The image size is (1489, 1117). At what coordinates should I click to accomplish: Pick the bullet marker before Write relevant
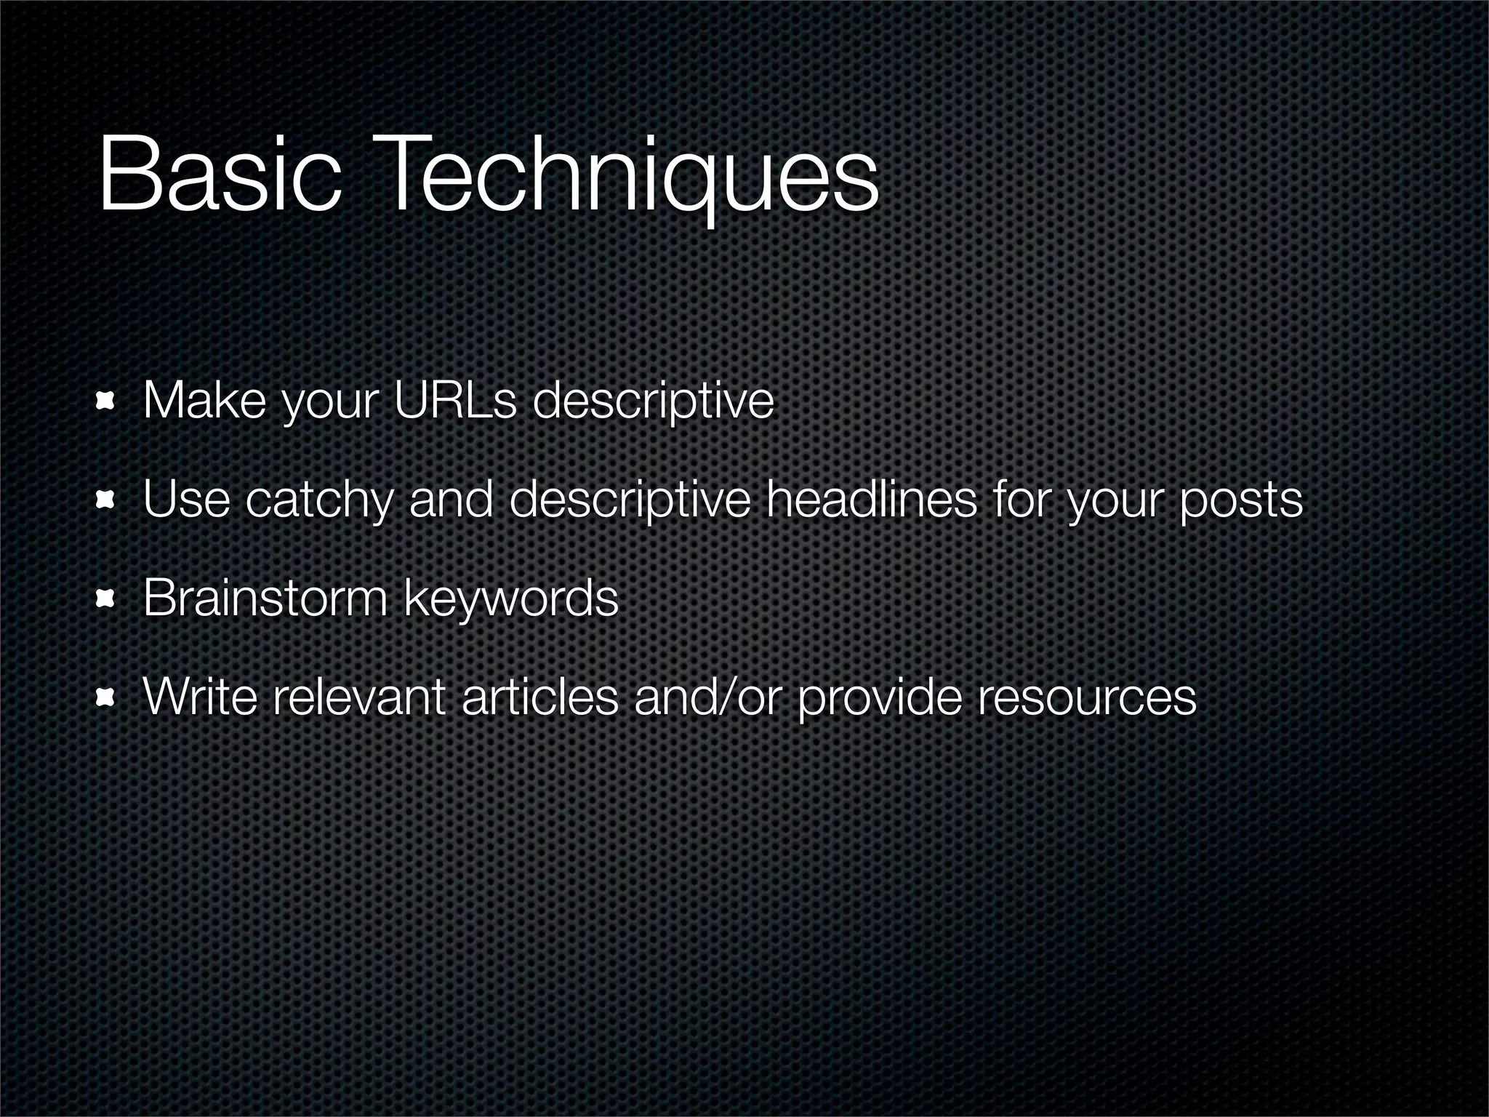107,697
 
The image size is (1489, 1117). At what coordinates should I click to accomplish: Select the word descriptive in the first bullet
653,401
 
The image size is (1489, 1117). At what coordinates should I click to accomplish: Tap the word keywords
510,599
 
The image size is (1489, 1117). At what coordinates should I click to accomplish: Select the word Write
201,697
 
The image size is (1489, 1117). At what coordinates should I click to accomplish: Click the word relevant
358,697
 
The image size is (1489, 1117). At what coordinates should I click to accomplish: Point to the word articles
539,697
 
